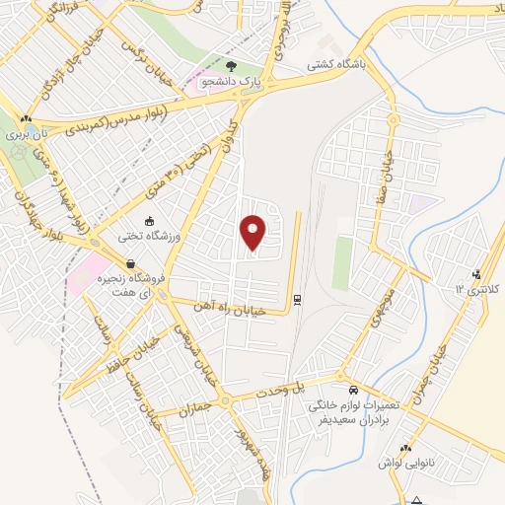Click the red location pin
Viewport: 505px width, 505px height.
click(x=254, y=232)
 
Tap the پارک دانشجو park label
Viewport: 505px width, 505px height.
click(x=231, y=83)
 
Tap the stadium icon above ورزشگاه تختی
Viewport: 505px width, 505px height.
click(x=149, y=221)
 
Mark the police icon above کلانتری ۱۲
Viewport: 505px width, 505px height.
click(x=477, y=274)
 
